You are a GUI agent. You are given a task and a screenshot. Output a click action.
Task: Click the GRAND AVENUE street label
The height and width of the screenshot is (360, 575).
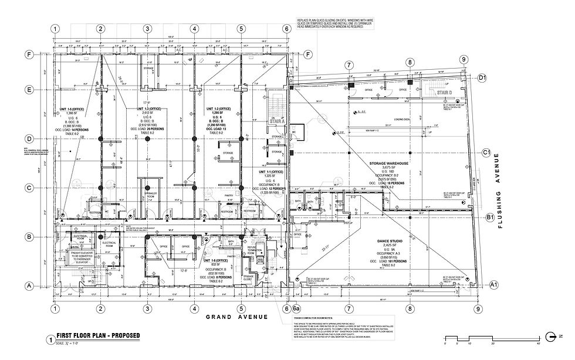(236, 317)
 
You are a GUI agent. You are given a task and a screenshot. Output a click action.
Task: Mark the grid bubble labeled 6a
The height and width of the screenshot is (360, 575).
(297, 309)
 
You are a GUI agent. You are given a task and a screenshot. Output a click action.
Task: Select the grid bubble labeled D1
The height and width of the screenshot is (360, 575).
(483, 77)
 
